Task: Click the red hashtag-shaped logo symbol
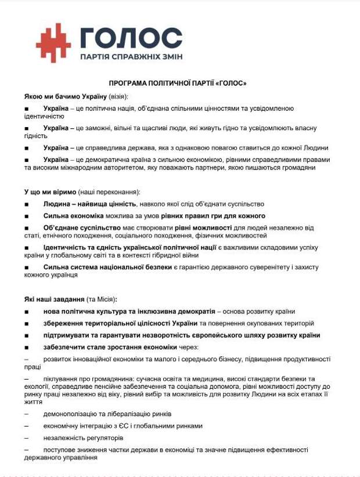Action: coord(53,42)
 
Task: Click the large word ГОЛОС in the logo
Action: coord(131,38)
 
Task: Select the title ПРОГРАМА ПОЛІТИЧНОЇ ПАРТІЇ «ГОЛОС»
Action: coord(178,84)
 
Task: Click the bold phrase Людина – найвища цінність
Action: coord(89,204)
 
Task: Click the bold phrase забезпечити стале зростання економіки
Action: coord(110,347)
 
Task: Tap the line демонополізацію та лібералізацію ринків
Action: coord(107,414)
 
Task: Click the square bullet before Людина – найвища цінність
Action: coord(27,204)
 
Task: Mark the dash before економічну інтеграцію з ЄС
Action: coord(26,426)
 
